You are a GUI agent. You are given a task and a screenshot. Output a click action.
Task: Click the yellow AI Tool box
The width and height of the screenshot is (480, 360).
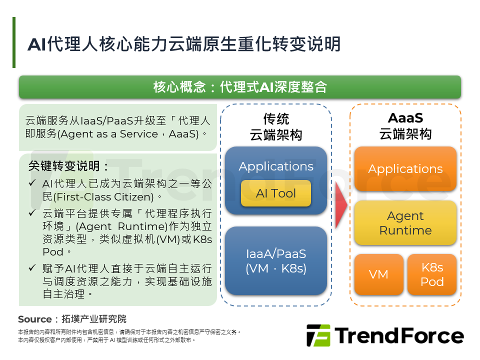click(x=276, y=193)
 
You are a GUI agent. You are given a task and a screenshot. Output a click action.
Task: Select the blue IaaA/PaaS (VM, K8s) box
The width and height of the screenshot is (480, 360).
click(x=276, y=260)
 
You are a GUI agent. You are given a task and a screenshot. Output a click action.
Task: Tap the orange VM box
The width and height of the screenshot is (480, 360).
click(x=378, y=274)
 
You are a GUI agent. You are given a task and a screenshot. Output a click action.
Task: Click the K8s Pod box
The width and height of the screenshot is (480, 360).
click(x=432, y=274)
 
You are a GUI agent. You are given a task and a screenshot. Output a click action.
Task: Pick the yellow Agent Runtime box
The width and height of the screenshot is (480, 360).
click(x=405, y=223)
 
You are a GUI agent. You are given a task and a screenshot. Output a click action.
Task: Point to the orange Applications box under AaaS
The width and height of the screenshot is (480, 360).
click(x=405, y=169)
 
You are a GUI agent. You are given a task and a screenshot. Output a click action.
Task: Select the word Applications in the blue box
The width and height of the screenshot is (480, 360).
click(x=276, y=166)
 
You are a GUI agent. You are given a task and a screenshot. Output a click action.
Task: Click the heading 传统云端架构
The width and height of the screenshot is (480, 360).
click(x=276, y=126)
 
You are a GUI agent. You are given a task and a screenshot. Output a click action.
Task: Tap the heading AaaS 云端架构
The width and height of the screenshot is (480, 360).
click(x=405, y=125)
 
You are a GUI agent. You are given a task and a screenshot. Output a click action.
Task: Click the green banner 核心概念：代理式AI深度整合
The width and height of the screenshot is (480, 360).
click(x=240, y=87)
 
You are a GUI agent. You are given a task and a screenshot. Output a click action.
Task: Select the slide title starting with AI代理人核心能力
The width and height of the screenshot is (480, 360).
click(x=184, y=44)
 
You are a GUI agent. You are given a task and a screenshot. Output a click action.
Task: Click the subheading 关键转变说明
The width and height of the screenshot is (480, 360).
click(x=68, y=166)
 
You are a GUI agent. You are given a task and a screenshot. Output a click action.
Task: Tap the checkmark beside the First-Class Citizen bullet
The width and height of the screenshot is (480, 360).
click(x=32, y=183)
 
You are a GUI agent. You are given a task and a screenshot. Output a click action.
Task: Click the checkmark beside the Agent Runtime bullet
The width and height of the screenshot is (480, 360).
click(x=32, y=213)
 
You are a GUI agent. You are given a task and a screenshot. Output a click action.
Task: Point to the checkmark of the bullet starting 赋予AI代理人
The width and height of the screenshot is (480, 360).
click(x=32, y=268)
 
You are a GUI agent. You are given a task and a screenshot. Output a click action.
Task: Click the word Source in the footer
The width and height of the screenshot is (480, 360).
click(x=34, y=319)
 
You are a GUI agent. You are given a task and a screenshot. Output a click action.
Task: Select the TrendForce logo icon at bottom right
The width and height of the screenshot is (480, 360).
click(x=318, y=335)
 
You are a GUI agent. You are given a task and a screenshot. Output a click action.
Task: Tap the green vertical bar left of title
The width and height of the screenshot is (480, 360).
click(x=14, y=42)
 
